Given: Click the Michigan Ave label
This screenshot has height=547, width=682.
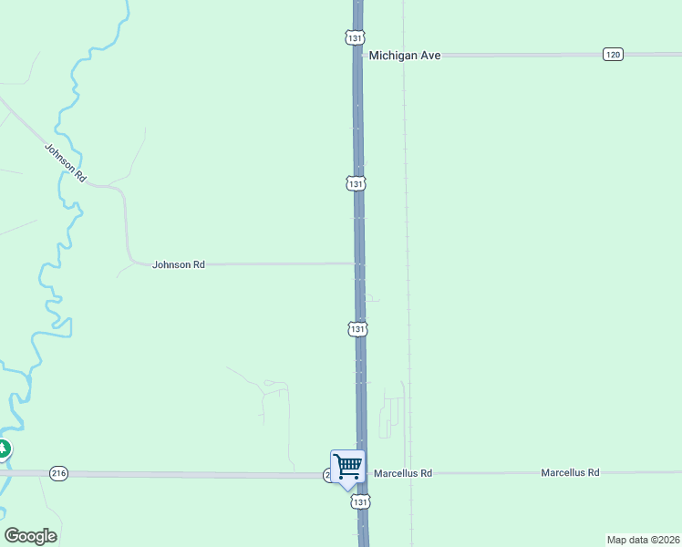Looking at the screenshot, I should pyautogui.click(x=405, y=56).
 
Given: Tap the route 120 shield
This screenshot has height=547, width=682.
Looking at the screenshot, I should pyautogui.click(x=613, y=55).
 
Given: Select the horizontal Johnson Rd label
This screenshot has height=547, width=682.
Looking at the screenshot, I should pyautogui.click(x=179, y=264).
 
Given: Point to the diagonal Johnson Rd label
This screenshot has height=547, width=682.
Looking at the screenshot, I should pyautogui.click(x=65, y=163).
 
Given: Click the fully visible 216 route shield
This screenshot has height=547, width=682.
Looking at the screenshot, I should pyautogui.click(x=59, y=473).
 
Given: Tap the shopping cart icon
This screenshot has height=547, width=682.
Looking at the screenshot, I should pyautogui.click(x=347, y=467).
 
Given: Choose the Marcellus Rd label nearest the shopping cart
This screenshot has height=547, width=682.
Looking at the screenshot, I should pyautogui.click(x=401, y=473).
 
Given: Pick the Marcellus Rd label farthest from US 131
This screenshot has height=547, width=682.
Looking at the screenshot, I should pyautogui.click(x=570, y=472).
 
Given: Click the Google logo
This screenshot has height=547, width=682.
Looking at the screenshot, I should pyautogui.click(x=30, y=536).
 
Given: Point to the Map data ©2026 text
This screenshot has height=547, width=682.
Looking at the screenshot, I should pyautogui.click(x=643, y=539).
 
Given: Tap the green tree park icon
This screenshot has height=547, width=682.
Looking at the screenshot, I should pyautogui.click(x=3, y=449).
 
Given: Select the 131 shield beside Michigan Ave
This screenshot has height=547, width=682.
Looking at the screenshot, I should pyautogui.click(x=356, y=37).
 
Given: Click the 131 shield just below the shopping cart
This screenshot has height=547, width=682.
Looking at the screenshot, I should pyautogui.click(x=361, y=501).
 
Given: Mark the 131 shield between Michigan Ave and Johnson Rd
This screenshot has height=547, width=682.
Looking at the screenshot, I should pyautogui.click(x=356, y=183).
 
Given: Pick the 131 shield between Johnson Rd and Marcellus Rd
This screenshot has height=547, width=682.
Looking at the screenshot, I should pyautogui.click(x=358, y=328).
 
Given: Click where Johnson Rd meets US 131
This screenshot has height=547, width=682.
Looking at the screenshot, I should pyautogui.click(x=360, y=263).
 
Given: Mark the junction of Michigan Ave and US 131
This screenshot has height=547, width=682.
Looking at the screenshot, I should pyautogui.click(x=357, y=56).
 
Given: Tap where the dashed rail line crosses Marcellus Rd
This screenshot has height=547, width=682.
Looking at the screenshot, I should pyautogui.click(x=410, y=473).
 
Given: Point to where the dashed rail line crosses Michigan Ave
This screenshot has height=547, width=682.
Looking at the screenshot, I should pyautogui.click(x=405, y=56).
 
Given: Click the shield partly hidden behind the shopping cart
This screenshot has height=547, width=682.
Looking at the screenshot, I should pyautogui.click(x=327, y=475).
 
